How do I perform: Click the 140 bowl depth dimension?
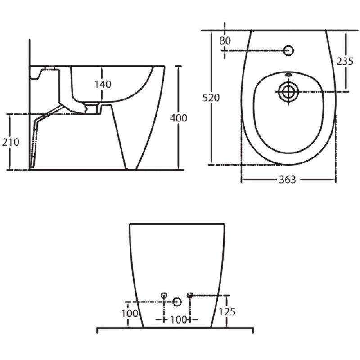pyautogui.click(x=103, y=84)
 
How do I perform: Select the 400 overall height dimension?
pyautogui.click(x=178, y=118)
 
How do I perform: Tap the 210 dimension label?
pyautogui.click(x=10, y=142)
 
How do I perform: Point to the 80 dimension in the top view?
pyautogui.click(x=225, y=40)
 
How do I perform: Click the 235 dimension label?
pyautogui.click(x=345, y=61)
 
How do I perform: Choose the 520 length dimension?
pyautogui.click(x=211, y=98)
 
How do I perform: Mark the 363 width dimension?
pyautogui.click(x=288, y=180)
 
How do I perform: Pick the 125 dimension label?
pyautogui.click(x=227, y=312)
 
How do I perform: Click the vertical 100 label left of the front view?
pyautogui.click(x=130, y=313)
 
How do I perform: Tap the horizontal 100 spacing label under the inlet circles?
pyautogui.click(x=178, y=319)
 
